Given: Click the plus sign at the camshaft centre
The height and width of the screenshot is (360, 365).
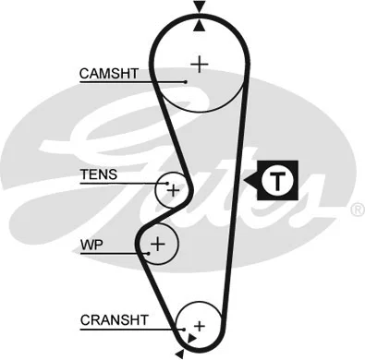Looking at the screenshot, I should tap(199, 63).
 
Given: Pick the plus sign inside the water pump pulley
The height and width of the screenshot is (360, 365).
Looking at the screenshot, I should tap(158, 244).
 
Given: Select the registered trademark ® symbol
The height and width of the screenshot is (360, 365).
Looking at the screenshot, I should tap(357, 210).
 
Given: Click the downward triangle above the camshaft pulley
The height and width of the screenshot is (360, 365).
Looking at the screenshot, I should tap(198, 8).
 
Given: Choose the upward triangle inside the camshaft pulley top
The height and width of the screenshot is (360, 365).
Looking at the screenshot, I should tap(198, 26).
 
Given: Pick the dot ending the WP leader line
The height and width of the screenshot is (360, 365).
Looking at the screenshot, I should tap(148, 252).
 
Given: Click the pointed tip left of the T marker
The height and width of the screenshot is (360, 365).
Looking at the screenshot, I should tap(248, 181).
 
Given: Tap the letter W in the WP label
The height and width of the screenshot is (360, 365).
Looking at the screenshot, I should tap(86, 246).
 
